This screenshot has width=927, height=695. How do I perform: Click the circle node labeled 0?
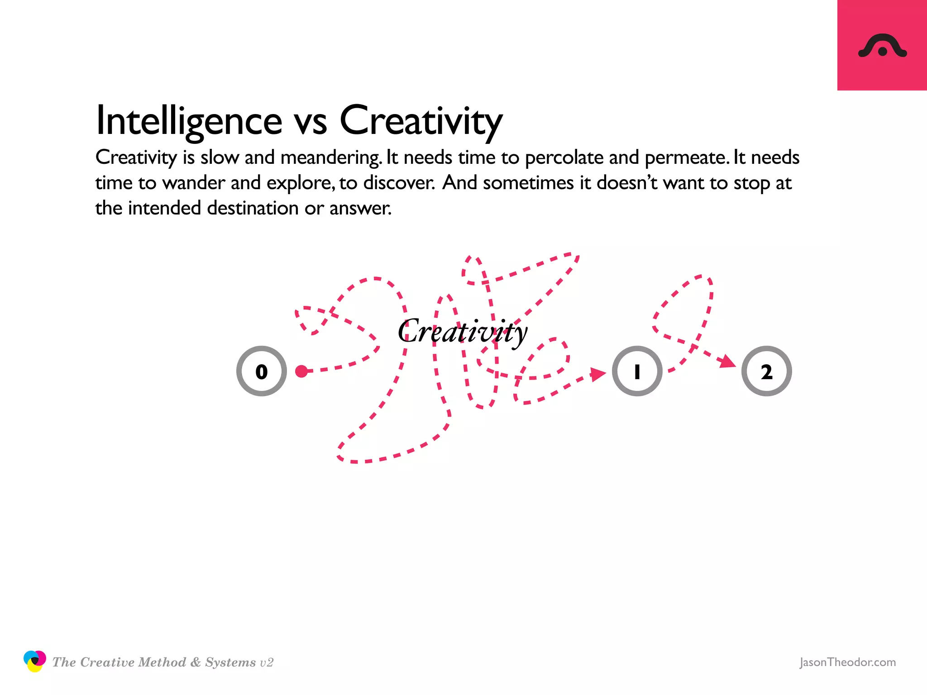pyautogui.click(x=262, y=371)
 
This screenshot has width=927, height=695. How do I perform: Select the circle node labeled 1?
pyautogui.click(x=637, y=371)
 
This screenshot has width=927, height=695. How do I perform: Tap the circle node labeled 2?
pyautogui.click(x=766, y=371)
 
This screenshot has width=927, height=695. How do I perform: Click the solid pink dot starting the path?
pyautogui.click(x=301, y=371)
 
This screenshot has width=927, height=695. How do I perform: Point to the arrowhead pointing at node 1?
pyautogui.click(x=598, y=374)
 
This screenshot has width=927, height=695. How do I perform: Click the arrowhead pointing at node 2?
pyautogui.click(x=727, y=361)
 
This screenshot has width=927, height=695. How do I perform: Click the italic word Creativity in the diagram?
pyautogui.click(x=463, y=332)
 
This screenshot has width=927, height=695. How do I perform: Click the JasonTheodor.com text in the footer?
pyautogui.click(x=847, y=662)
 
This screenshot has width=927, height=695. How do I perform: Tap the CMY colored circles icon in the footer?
pyautogui.click(x=34, y=661)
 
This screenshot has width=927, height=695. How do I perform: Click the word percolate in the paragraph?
pyautogui.click(x=564, y=157)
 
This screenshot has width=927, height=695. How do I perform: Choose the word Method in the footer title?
pyautogui.click(x=162, y=662)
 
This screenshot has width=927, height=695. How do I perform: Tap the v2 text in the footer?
pyautogui.click(x=266, y=662)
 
